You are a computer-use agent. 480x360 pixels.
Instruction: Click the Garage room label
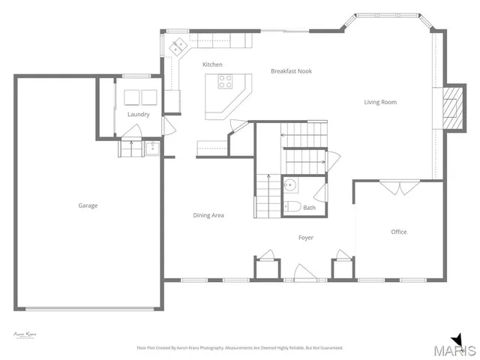(88, 205)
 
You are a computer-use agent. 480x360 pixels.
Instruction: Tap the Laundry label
(139, 115)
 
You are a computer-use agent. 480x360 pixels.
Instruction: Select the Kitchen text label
(212, 65)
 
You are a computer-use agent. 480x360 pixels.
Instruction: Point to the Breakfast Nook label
(291, 71)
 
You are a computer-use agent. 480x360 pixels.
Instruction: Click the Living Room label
(380, 102)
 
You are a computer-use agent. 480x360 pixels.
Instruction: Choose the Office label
(399, 232)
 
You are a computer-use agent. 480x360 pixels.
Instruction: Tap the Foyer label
(306, 238)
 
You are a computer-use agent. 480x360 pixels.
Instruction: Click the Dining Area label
(208, 215)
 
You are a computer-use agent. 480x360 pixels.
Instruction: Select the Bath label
(310, 208)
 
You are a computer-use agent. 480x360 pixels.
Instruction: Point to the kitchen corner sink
(178, 46)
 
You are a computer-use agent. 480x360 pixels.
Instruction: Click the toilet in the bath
(292, 206)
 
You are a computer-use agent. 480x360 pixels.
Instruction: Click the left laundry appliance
(131, 96)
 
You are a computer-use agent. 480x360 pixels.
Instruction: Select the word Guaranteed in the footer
(330, 348)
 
